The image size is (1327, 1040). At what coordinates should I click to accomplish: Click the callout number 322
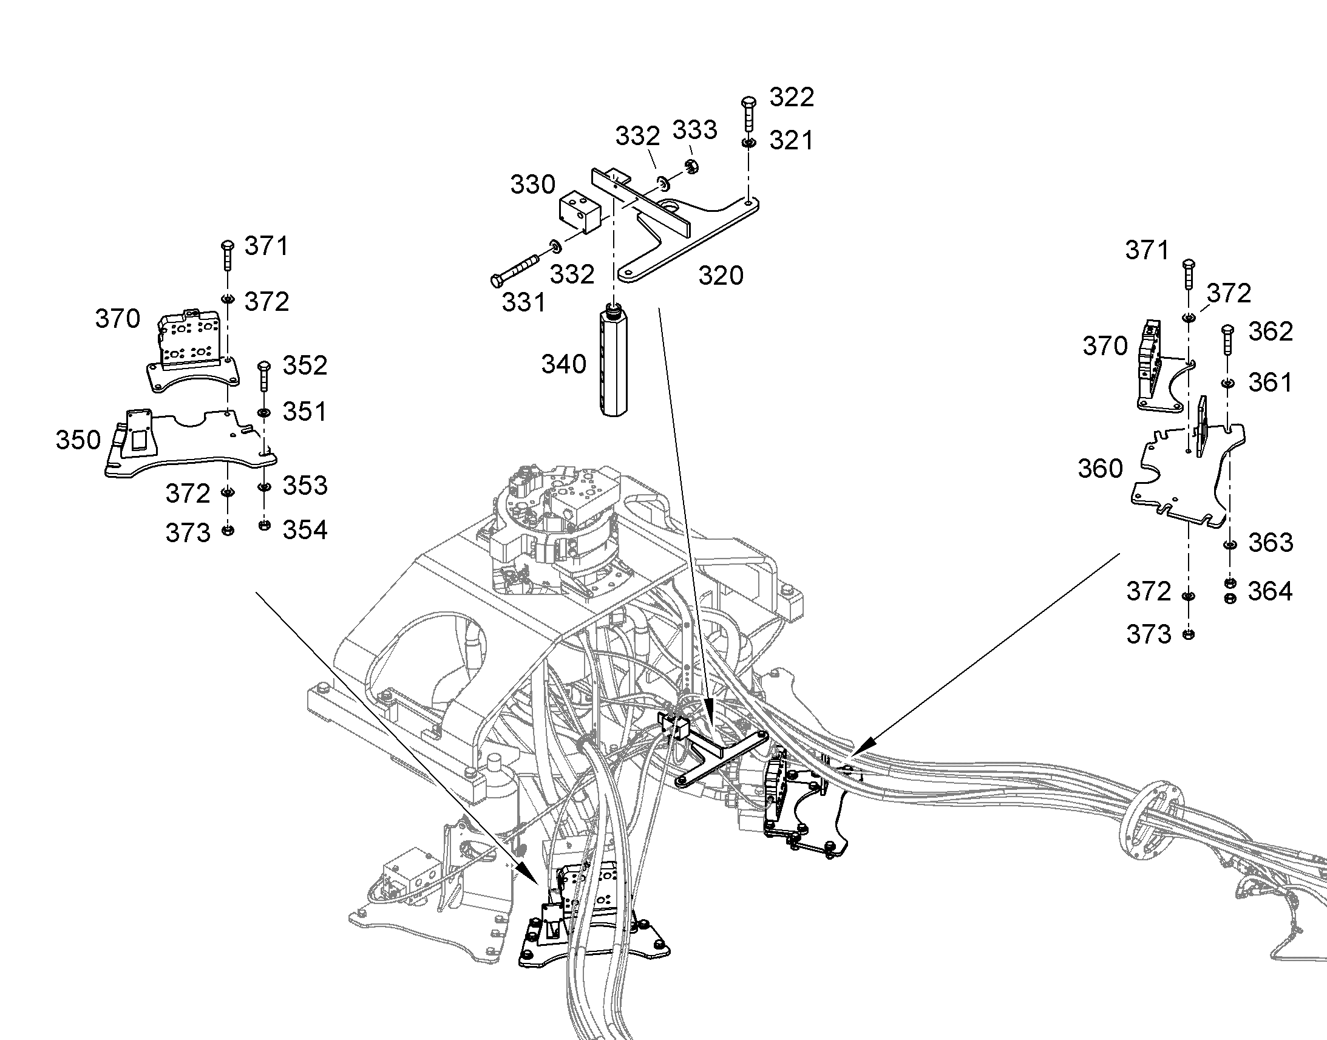[792, 97]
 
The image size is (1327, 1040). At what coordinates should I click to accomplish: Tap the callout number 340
[564, 364]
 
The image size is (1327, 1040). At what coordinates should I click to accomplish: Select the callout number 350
[78, 440]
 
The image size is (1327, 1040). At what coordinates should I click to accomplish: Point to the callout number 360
[1100, 468]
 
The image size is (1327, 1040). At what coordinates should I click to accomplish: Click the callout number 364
[1270, 591]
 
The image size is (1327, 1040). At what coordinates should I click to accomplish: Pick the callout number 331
[523, 302]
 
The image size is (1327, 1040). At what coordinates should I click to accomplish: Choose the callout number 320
[721, 276]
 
